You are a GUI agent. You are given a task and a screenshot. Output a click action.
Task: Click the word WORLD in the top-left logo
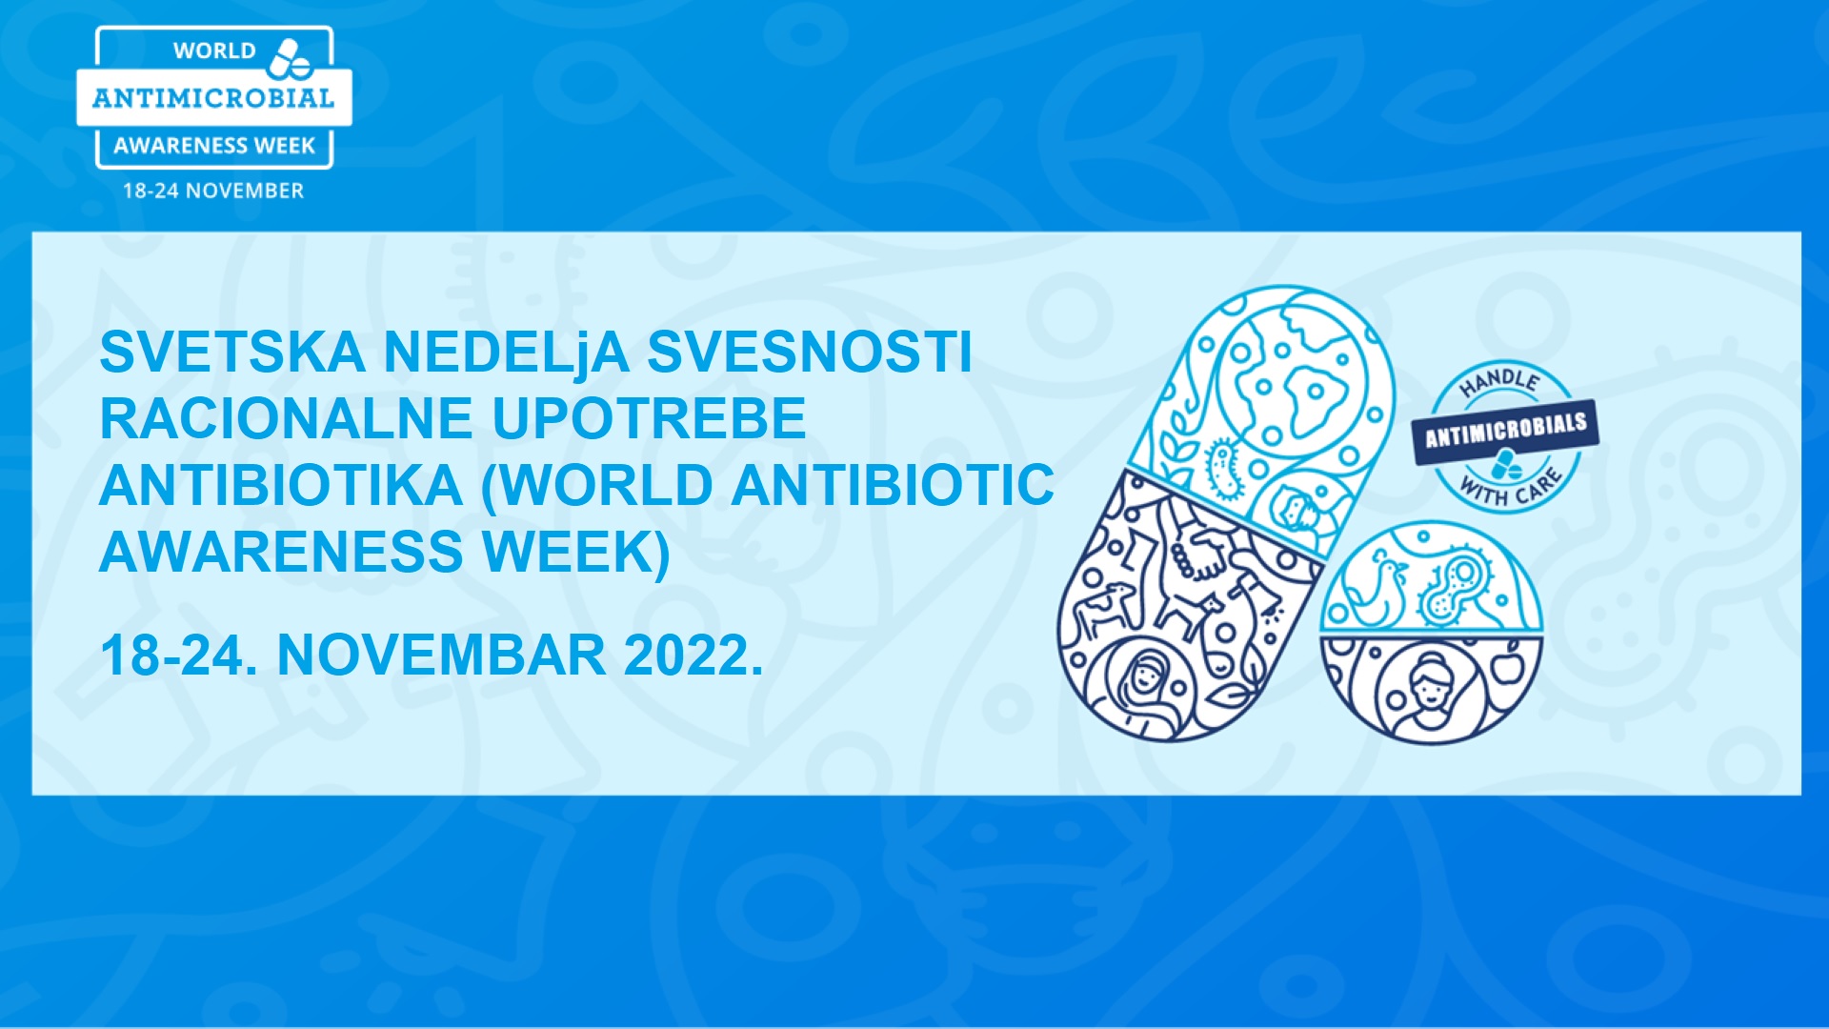click(x=214, y=50)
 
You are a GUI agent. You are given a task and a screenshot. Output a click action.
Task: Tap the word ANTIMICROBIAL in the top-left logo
click(x=213, y=98)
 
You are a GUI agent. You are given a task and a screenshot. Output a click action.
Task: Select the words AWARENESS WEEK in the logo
click(x=214, y=146)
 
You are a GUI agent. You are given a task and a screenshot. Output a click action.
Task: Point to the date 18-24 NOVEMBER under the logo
click(x=213, y=191)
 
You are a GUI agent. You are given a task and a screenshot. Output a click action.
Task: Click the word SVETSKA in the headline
click(x=232, y=352)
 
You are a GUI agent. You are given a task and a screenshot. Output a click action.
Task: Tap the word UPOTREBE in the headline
click(x=649, y=418)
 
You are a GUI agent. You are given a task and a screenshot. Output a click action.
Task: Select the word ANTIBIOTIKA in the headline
click(x=281, y=485)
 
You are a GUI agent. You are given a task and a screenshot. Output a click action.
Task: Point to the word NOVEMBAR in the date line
click(x=441, y=656)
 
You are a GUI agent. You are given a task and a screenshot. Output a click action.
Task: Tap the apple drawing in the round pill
click(x=1508, y=666)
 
